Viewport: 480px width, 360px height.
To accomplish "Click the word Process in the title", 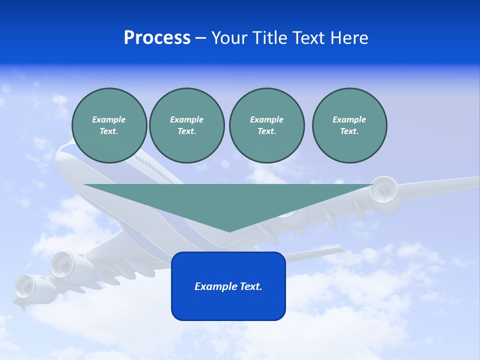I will tap(157, 38).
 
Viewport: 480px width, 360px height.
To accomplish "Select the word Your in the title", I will tap(229, 38).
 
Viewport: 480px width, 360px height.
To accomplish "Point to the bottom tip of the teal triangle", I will tap(229, 231).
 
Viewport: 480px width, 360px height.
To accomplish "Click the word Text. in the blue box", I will tap(250, 286).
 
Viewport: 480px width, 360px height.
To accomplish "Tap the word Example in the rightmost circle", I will tap(349, 119).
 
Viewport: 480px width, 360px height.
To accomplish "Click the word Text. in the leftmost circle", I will tap(109, 131).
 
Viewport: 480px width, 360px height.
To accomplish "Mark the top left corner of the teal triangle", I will tap(84, 185).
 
